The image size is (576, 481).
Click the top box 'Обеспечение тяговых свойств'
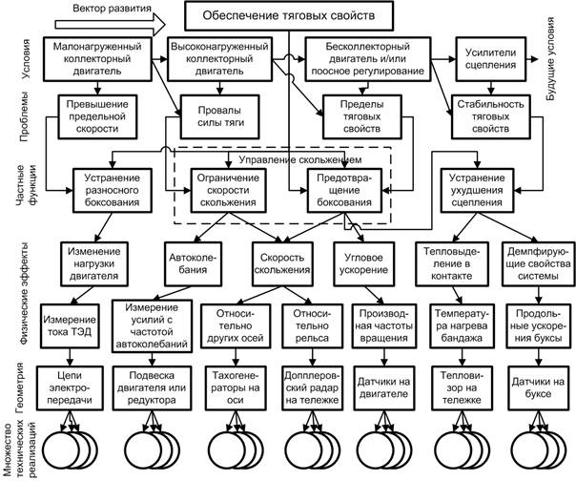(x=289, y=16)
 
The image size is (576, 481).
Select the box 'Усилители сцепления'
(x=491, y=59)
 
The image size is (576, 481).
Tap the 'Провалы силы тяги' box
(x=219, y=116)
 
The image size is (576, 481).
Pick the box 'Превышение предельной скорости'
(x=97, y=116)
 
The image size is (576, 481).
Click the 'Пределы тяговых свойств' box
(x=361, y=116)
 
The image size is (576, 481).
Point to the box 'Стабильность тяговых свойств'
(x=491, y=116)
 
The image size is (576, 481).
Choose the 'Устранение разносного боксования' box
(x=112, y=191)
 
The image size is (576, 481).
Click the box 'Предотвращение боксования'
(x=344, y=191)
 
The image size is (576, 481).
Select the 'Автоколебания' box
(x=194, y=263)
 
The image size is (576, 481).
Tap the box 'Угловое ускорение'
(x=363, y=263)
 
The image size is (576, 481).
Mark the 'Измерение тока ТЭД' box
(x=70, y=325)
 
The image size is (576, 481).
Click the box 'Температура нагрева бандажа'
(x=462, y=325)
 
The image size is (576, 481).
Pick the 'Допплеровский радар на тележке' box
(x=313, y=388)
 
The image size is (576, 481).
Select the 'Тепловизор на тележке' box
(x=462, y=388)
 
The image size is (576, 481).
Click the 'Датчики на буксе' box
(x=538, y=388)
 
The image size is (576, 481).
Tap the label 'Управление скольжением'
(x=300, y=160)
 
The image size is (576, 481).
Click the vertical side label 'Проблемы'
(x=24, y=116)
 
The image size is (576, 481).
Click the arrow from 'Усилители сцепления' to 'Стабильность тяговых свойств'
(x=491, y=88)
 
